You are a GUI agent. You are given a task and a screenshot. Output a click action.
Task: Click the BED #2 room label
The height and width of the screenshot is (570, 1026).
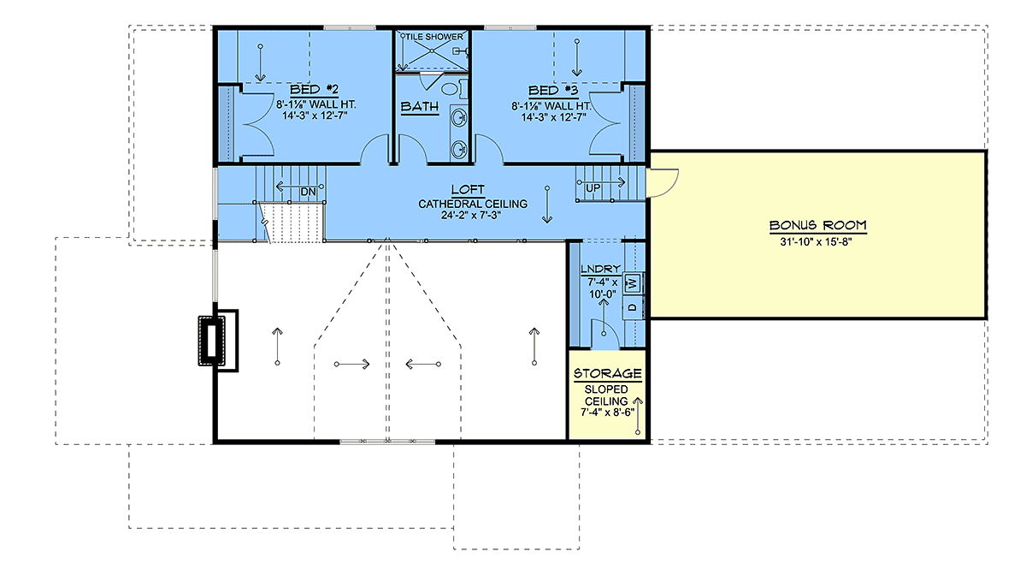pos(315,89)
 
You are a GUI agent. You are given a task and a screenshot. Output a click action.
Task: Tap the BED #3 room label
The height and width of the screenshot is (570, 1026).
pos(553,91)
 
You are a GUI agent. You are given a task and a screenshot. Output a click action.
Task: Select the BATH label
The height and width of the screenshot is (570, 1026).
pos(420,106)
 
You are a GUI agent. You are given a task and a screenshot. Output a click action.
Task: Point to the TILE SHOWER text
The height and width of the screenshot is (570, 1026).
pos(434,37)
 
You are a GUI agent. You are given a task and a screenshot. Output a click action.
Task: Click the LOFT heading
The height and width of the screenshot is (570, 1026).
pos(468,189)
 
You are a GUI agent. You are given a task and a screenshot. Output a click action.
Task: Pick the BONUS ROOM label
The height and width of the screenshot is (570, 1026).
pos(817,225)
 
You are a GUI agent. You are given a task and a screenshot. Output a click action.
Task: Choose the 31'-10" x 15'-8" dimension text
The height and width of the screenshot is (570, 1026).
pos(817,241)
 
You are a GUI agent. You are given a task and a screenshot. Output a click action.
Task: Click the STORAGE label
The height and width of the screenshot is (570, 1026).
pos(607,373)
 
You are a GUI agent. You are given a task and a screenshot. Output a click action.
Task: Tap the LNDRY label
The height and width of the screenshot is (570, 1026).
pos(600,269)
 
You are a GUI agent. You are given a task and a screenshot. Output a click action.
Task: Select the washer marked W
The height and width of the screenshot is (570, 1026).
pos(633,283)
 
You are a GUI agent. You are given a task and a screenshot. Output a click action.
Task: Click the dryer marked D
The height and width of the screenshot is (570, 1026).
pos(633,307)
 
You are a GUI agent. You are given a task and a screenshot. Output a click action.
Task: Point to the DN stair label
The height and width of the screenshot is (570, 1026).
pos(309,192)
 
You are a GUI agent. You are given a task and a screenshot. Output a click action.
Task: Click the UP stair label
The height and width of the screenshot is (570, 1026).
pos(593,188)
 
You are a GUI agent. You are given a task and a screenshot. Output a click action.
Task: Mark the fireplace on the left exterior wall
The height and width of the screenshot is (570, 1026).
pos(218,341)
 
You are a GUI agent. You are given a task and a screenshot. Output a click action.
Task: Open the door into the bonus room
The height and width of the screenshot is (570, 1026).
pos(662,183)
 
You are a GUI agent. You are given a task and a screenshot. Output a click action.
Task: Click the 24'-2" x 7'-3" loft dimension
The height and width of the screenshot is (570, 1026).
pos(471,215)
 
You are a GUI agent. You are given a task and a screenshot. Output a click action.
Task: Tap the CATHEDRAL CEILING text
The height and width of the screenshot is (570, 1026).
pos(473,204)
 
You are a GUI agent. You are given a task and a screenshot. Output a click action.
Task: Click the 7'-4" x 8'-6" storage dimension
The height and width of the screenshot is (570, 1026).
pos(607,413)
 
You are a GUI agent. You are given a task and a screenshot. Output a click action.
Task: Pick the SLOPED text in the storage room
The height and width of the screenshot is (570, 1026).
pos(606,389)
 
